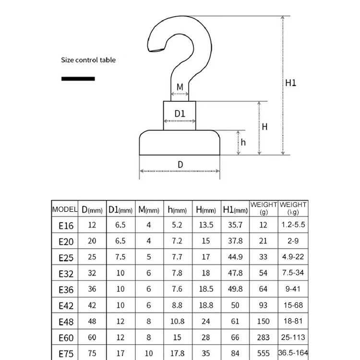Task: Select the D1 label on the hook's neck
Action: (180, 114)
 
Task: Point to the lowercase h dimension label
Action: (243, 142)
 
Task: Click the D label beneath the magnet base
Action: (180, 165)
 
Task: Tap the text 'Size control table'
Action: (88, 60)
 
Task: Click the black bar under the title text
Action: (78, 78)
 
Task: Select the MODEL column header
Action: (64, 210)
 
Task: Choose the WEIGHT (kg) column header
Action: (293, 208)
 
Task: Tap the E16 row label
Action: (66, 226)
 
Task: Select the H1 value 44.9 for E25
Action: (235, 257)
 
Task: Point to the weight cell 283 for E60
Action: (263, 337)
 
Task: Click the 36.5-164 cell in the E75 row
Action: (293, 353)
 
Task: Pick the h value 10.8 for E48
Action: (178, 321)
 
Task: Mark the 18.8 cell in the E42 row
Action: (206, 305)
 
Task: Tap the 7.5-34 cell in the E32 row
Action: (293, 273)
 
